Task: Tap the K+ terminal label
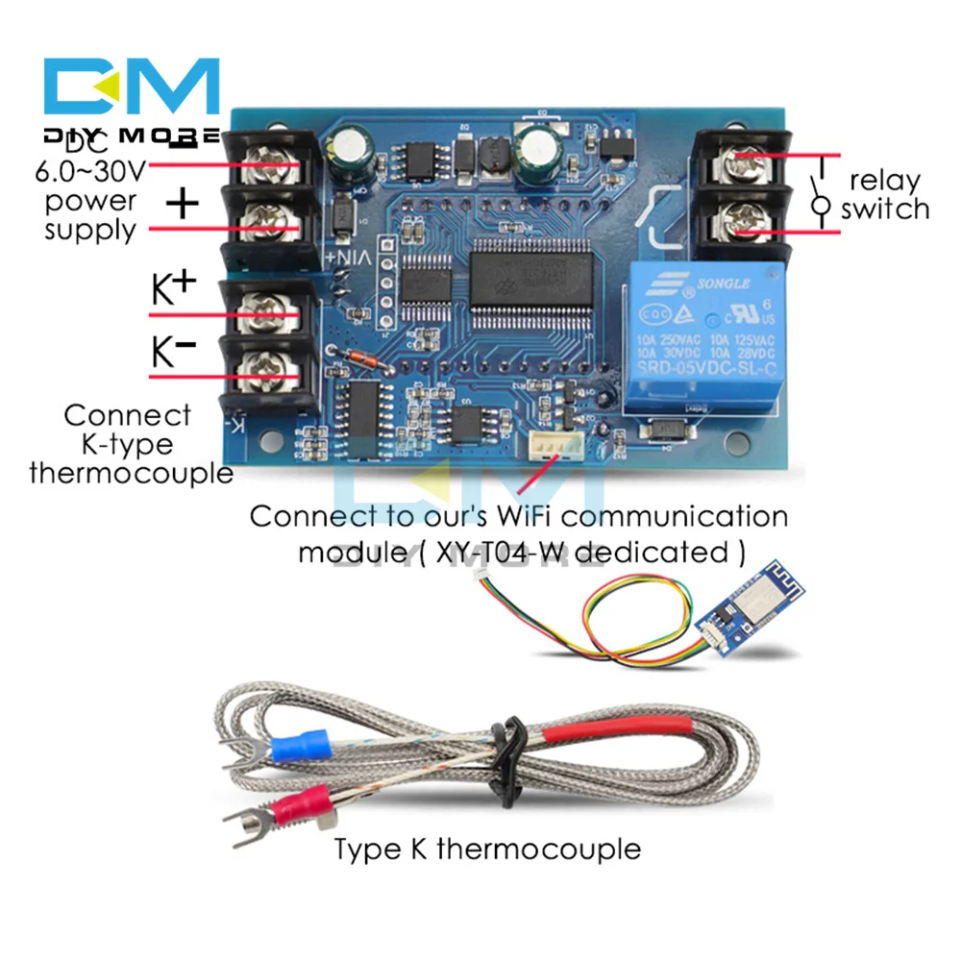point(174,287)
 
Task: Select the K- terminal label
point(174,352)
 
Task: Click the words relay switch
point(884,195)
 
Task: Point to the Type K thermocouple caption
point(486,850)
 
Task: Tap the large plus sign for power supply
point(183,204)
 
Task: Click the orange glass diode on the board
point(356,361)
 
